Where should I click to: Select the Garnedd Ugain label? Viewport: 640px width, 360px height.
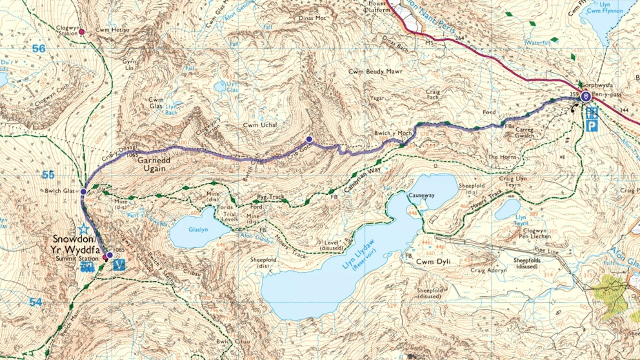pyautogui.click(x=157, y=163)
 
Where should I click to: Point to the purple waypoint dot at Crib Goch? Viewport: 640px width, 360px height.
pyautogui.click(x=309, y=139)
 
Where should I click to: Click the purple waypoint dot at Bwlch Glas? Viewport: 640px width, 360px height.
pyautogui.click(x=84, y=191)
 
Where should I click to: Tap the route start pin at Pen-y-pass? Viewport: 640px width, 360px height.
pyautogui.click(x=585, y=97)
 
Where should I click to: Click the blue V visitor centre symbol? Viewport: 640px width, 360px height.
pyautogui.click(x=118, y=265)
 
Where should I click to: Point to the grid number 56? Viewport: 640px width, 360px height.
pyautogui.click(x=40, y=49)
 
